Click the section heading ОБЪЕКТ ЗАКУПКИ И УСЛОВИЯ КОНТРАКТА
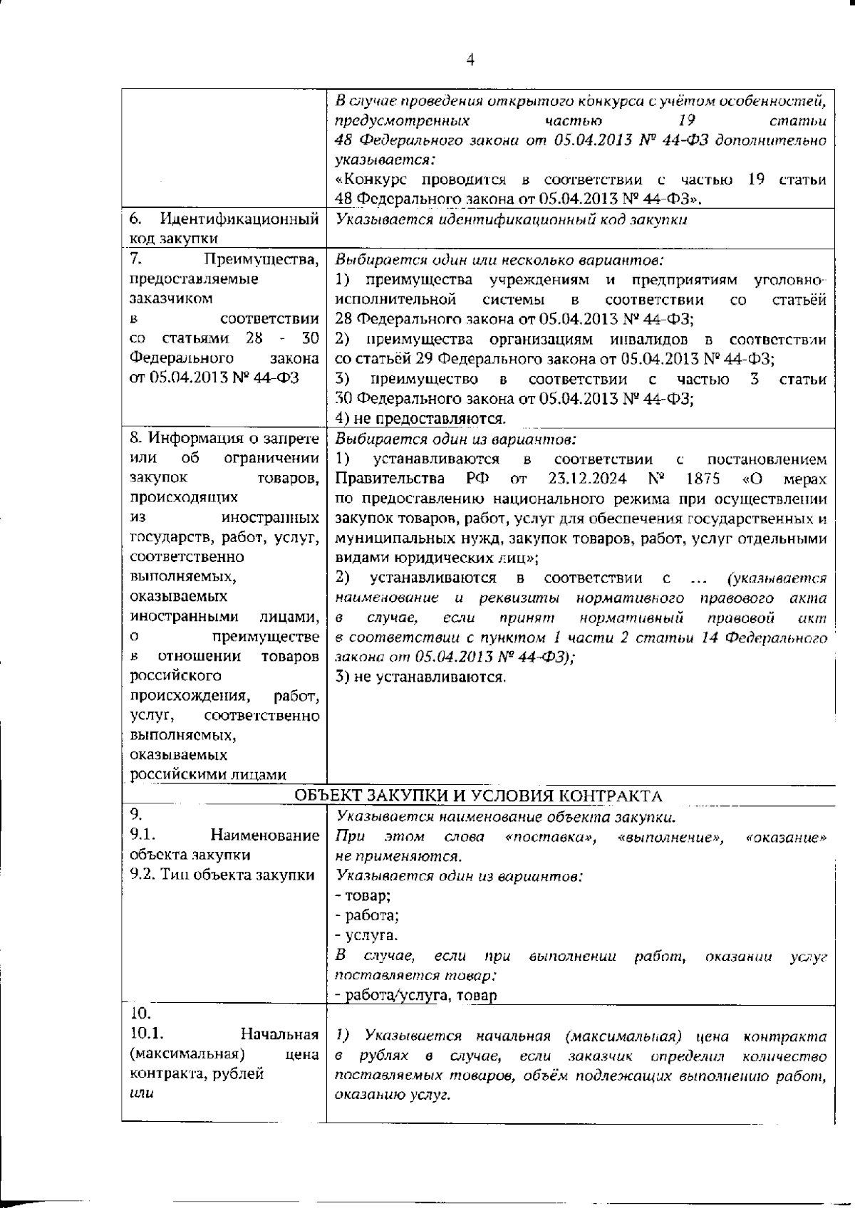pyautogui.click(x=478, y=796)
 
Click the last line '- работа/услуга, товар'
pyautogui.click(x=416, y=995)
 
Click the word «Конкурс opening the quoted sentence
pyautogui.click(x=370, y=179)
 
